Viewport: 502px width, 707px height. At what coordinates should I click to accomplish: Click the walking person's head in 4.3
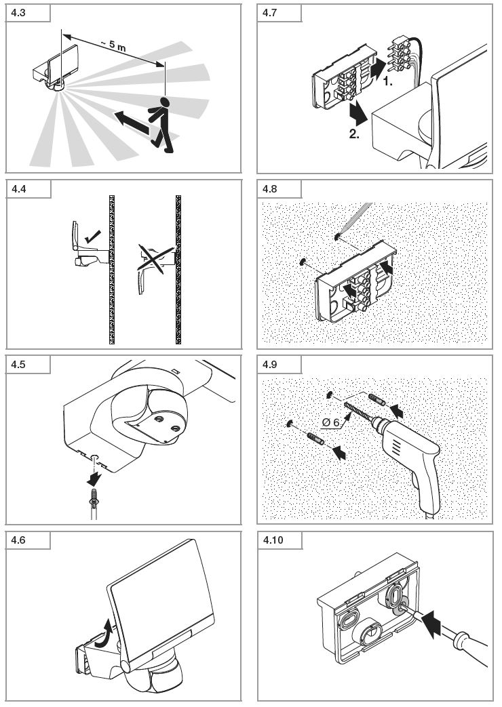point(163,102)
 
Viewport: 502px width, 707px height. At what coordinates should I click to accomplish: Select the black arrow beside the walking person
point(130,123)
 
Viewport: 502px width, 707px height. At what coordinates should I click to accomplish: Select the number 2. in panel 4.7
point(355,134)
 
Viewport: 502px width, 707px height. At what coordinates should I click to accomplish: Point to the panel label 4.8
point(269,189)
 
